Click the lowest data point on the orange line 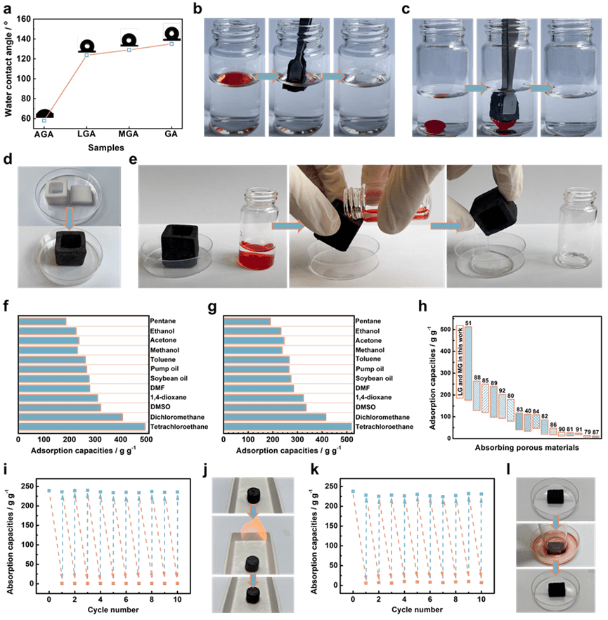tap(44, 121)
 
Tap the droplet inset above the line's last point tap(172, 31)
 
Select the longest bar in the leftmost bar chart tap(82, 427)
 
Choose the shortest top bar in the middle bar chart tap(247, 322)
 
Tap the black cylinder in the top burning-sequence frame tap(252, 496)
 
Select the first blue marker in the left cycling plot tap(49, 489)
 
